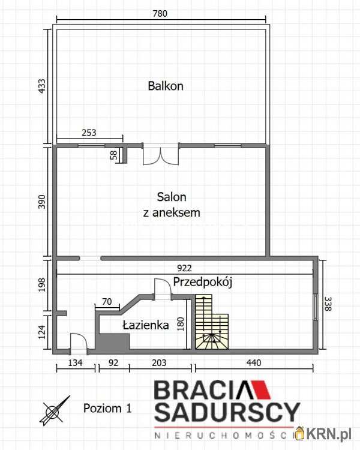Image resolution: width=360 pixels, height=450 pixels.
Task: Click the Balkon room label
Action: [166, 86]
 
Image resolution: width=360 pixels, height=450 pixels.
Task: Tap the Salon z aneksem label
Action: [172, 205]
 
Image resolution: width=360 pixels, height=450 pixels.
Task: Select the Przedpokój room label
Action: [202, 281]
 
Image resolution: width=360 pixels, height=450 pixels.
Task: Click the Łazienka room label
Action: [145, 325]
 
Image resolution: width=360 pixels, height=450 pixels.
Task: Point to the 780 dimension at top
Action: [159, 13]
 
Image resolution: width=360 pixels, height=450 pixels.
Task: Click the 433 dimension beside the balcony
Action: [41, 85]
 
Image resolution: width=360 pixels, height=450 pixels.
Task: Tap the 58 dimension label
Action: [114, 155]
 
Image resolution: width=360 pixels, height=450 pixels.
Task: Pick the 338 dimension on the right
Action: [327, 305]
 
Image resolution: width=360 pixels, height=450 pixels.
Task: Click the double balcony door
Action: [160, 154]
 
